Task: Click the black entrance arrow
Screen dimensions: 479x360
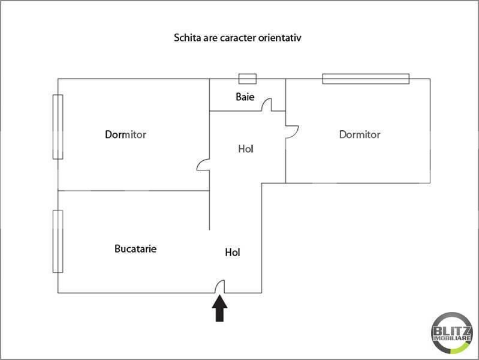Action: pos(219,308)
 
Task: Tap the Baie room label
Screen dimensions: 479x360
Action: pos(245,97)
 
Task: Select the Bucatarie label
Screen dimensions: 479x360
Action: pos(135,248)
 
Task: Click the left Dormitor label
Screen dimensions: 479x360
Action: pos(125,134)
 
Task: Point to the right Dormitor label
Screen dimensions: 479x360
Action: pos(360,134)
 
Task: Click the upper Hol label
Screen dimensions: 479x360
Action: pos(246,149)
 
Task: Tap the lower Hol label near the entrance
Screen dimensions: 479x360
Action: pos(233,253)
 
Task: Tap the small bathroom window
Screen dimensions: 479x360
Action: pos(248,79)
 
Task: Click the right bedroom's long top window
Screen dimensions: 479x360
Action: pos(366,79)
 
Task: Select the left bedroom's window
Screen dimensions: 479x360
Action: pos(58,127)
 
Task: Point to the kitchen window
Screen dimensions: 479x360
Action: pos(58,241)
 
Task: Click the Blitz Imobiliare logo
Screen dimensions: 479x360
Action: pos(451,333)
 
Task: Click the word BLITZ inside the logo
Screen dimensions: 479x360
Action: pos(452,331)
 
